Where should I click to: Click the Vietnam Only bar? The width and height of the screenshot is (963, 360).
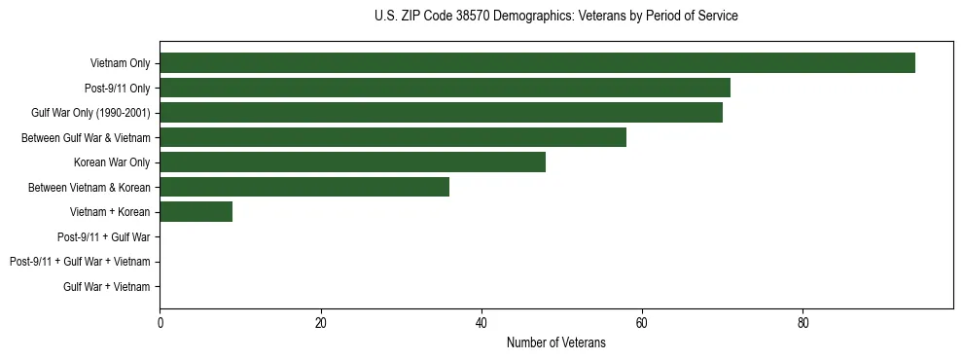click(x=537, y=63)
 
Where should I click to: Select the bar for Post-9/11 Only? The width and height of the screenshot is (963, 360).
click(x=445, y=89)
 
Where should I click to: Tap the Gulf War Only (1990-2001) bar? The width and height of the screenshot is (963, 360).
click(x=441, y=113)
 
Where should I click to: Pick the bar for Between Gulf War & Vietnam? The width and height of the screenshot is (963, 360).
click(x=393, y=138)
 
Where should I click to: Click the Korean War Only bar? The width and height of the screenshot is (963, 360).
click(x=352, y=162)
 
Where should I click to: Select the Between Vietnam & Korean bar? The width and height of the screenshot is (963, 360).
click(x=304, y=187)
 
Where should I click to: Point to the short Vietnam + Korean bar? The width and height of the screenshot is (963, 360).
click(x=196, y=212)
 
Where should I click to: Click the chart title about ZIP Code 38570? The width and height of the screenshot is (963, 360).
click(x=555, y=17)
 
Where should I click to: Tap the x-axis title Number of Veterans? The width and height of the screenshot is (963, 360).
click(x=555, y=342)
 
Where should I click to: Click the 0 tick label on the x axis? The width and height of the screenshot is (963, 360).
click(x=160, y=323)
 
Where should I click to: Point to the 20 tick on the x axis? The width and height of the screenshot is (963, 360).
click(x=320, y=323)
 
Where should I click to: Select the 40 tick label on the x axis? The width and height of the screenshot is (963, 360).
click(x=481, y=323)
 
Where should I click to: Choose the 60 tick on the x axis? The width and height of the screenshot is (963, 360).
click(x=642, y=323)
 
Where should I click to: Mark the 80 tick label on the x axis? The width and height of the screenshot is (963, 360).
click(x=802, y=323)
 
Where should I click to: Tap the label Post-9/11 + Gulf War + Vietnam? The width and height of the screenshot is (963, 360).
click(x=80, y=262)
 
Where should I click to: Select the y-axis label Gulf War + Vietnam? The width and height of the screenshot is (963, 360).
click(x=107, y=286)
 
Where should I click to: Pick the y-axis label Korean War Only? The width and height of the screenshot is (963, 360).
click(x=112, y=162)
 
